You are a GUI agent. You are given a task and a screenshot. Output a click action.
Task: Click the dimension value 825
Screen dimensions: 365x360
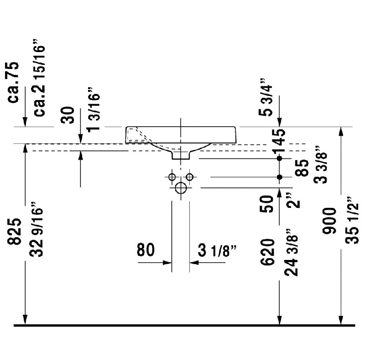click(x=15, y=231)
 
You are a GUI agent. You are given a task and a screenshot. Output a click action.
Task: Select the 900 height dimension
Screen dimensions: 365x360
click(x=329, y=221)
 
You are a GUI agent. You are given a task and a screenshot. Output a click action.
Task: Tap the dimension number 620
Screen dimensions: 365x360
click(x=267, y=252)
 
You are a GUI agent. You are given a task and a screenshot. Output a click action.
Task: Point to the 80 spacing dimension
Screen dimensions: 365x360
click(x=146, y=249)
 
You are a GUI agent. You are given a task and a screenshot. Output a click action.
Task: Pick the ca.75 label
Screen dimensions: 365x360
click(x=13, y=82)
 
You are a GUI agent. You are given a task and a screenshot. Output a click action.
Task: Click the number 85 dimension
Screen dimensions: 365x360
click(x=302, y=168)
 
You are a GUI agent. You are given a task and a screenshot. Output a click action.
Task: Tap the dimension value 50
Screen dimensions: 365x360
click(x=266, y=204)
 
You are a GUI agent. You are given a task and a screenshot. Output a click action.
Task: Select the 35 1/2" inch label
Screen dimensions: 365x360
click(x=352, y=220)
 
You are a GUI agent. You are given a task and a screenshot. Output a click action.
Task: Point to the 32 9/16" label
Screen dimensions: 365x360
click(x=36, y=229)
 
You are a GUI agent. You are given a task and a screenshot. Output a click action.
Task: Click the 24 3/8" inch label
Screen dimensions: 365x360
click(x=291, y=252)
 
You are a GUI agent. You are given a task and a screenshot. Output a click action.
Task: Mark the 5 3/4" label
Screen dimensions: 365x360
click(x=266, y=97)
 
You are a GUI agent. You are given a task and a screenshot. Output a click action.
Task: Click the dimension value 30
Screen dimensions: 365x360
click(x=68, y=115)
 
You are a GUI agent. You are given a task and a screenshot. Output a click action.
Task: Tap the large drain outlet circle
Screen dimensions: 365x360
click(x=181, y=188)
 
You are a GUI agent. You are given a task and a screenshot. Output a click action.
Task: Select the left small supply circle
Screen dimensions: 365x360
click(x=172, y=177)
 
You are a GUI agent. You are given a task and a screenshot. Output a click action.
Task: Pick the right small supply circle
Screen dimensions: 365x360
click(x=190, y=177)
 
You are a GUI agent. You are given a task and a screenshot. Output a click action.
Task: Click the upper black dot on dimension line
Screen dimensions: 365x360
click(x=280, y=159)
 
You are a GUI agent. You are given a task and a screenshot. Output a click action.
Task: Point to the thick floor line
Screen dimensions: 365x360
click(x=184, y=325)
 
